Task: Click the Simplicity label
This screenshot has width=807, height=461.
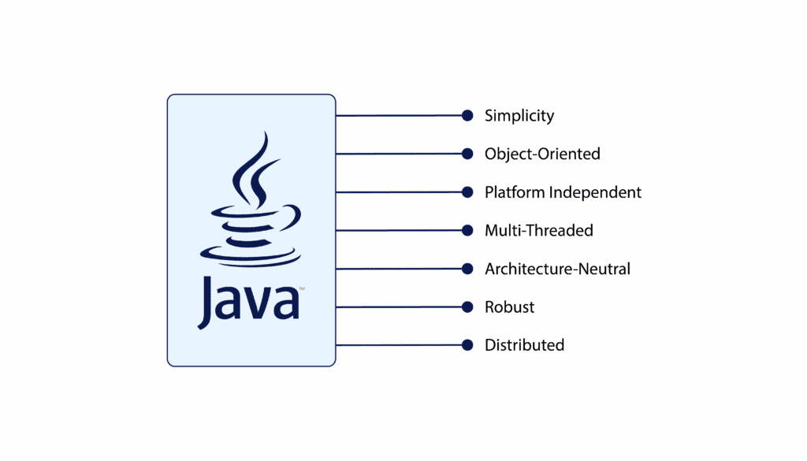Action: [x=519, y=116]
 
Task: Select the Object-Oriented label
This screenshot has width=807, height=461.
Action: [x=542, y=154]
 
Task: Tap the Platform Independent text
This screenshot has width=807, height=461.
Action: [x=563, y=192]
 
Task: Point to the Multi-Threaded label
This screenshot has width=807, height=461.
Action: [x=538, y=230]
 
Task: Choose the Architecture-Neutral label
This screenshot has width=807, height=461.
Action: [x=557, y=269]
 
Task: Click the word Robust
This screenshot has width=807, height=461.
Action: [x=509, y=307]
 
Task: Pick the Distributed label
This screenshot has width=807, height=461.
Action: [x=524, y=345]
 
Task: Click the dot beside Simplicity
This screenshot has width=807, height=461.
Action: [x=467, y=116]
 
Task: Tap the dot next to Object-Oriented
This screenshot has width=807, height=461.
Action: [x=467, y=154]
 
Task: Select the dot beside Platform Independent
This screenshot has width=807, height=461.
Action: [x=467, y=192]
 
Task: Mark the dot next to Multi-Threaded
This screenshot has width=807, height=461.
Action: [x=467, y=230]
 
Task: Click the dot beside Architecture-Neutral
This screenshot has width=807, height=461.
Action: [x=467, y=269]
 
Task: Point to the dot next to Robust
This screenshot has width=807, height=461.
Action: [x=467, y=307]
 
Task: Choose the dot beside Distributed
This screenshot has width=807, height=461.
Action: [x=467, y=345]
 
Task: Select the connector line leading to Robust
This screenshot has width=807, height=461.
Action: [x=398, y=307]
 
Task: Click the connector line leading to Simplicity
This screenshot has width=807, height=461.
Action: [x=398, y=116]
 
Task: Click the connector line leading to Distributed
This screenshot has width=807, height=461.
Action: [x=398, y=345]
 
